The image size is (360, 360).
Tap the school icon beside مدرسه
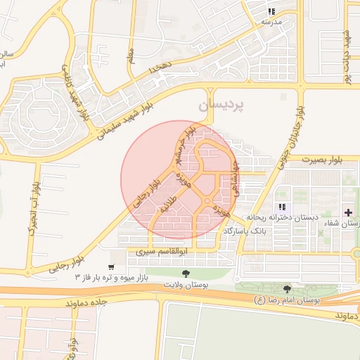(271, 11)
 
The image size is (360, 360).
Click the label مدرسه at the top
(271, 22)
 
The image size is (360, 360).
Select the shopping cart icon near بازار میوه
(111, 267)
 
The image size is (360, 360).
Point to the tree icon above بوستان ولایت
(186, 273)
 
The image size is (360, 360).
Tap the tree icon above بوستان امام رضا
(286, 289)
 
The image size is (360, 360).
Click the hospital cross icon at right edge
(349, 212)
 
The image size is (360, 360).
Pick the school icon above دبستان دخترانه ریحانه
(281, 207)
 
